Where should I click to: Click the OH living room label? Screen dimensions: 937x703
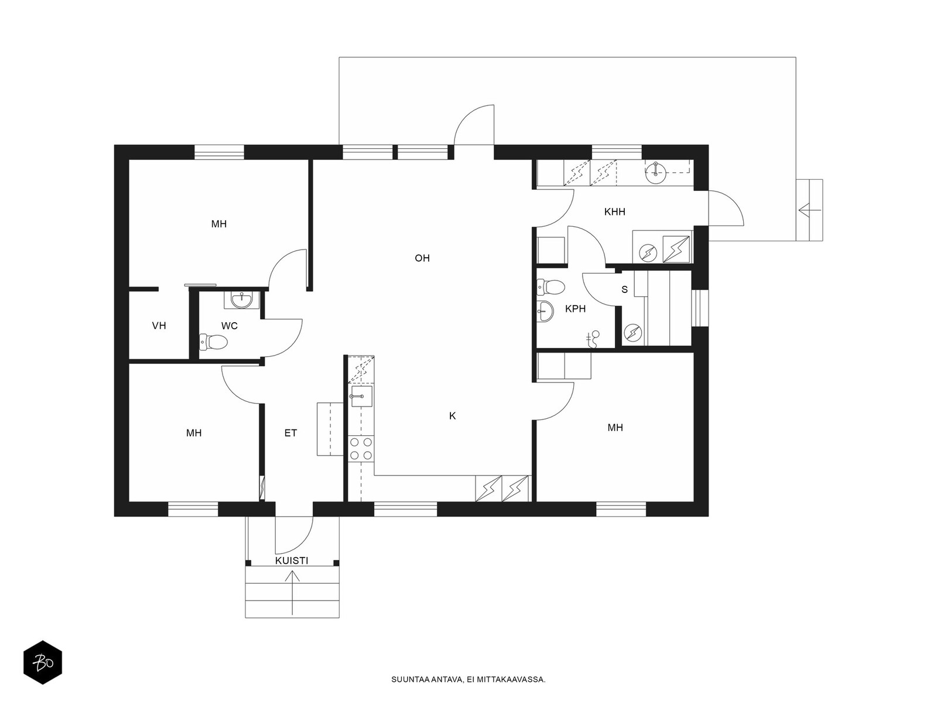[x=422, y=258]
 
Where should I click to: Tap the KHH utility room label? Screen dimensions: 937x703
[x=615, y=211]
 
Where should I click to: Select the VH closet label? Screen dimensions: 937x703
[x=159, y=326]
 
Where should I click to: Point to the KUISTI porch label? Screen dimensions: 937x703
[x=292, y=561]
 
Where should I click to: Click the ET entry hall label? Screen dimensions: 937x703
[x=290, y=434]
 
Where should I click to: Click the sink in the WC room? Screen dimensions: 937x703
[x=242, y=299]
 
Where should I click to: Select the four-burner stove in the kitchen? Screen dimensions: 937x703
[x=361, y=449]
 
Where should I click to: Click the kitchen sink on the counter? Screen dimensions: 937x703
[x=361, y=397]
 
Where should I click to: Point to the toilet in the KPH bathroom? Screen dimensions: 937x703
[x=551, y=287]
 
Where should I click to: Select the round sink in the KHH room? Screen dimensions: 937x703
[x=655, y=172]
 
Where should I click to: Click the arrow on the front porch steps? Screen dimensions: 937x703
[x=292, y=593]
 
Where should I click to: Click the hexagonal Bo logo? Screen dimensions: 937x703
[x=43, y=663]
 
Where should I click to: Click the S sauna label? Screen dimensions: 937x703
[x=624, y=290]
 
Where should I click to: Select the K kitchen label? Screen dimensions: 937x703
[x=453, y=416]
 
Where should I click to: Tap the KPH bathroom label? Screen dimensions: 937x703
[x=576, y=309]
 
